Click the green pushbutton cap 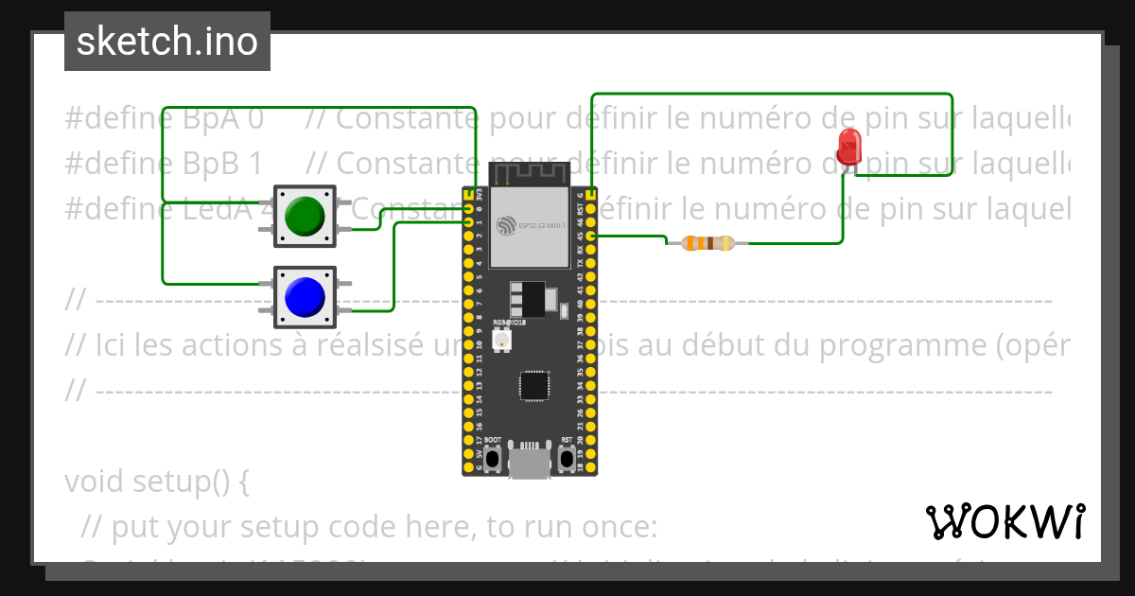click(305, 216)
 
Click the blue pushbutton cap click(305, 297)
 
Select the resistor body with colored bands click(700, 243)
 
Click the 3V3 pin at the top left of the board click(469, 194)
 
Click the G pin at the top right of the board click(590, 194)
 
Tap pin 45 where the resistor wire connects click(590, 236)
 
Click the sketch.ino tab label click(167, 42)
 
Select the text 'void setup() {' click(157, 482)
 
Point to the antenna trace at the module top click(529, 173)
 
